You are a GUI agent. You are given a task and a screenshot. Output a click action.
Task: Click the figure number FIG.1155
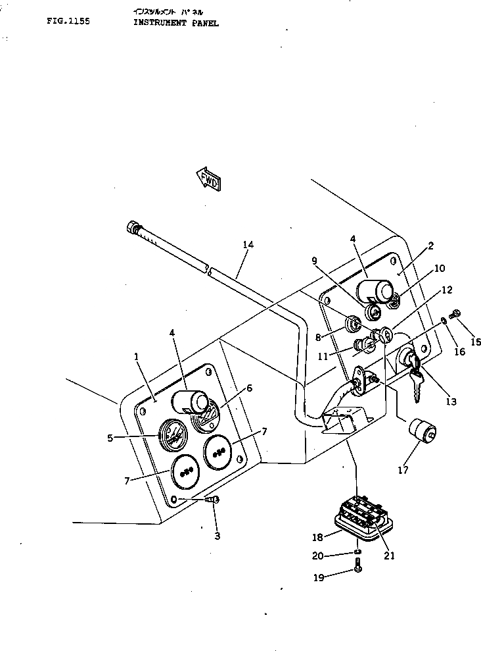click(x=68, y=21)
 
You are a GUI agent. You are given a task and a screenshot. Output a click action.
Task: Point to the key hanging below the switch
click(x=415, y=386)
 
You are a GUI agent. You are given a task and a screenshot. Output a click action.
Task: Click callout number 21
click(x=389, y=556)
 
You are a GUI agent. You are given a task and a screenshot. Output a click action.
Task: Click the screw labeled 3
click(x=213, y=501)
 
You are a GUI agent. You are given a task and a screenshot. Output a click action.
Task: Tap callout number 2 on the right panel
click(x=430, y=246)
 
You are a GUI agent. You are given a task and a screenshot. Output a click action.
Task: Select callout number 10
click(x=440, y=269)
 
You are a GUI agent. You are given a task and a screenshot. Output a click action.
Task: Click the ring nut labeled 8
click(x=353, y=323)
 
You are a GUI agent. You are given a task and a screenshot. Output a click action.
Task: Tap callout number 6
click(x=248, y=388)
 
